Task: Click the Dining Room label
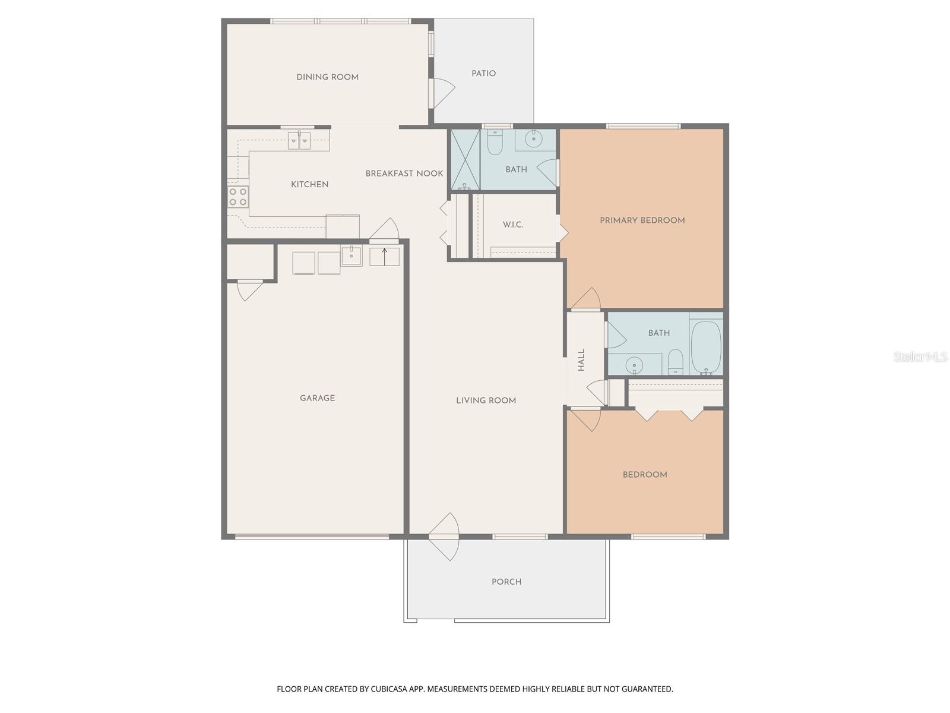point(327,77)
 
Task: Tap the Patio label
point(483,74)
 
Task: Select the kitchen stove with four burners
point(238,197)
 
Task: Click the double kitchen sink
point(299,140)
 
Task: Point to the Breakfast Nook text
point(404,173)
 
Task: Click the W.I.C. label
point(512,225)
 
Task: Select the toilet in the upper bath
point(495,142)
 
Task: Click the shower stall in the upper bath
point(465,160)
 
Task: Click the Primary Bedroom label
point(642,220)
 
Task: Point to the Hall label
point(581,359)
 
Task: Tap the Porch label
point(506,582)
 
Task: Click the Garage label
point(317,398)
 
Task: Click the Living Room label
point(486,400)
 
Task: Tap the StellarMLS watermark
point(920,357)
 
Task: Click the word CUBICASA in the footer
point(388,689)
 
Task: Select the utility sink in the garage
point(351,256)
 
